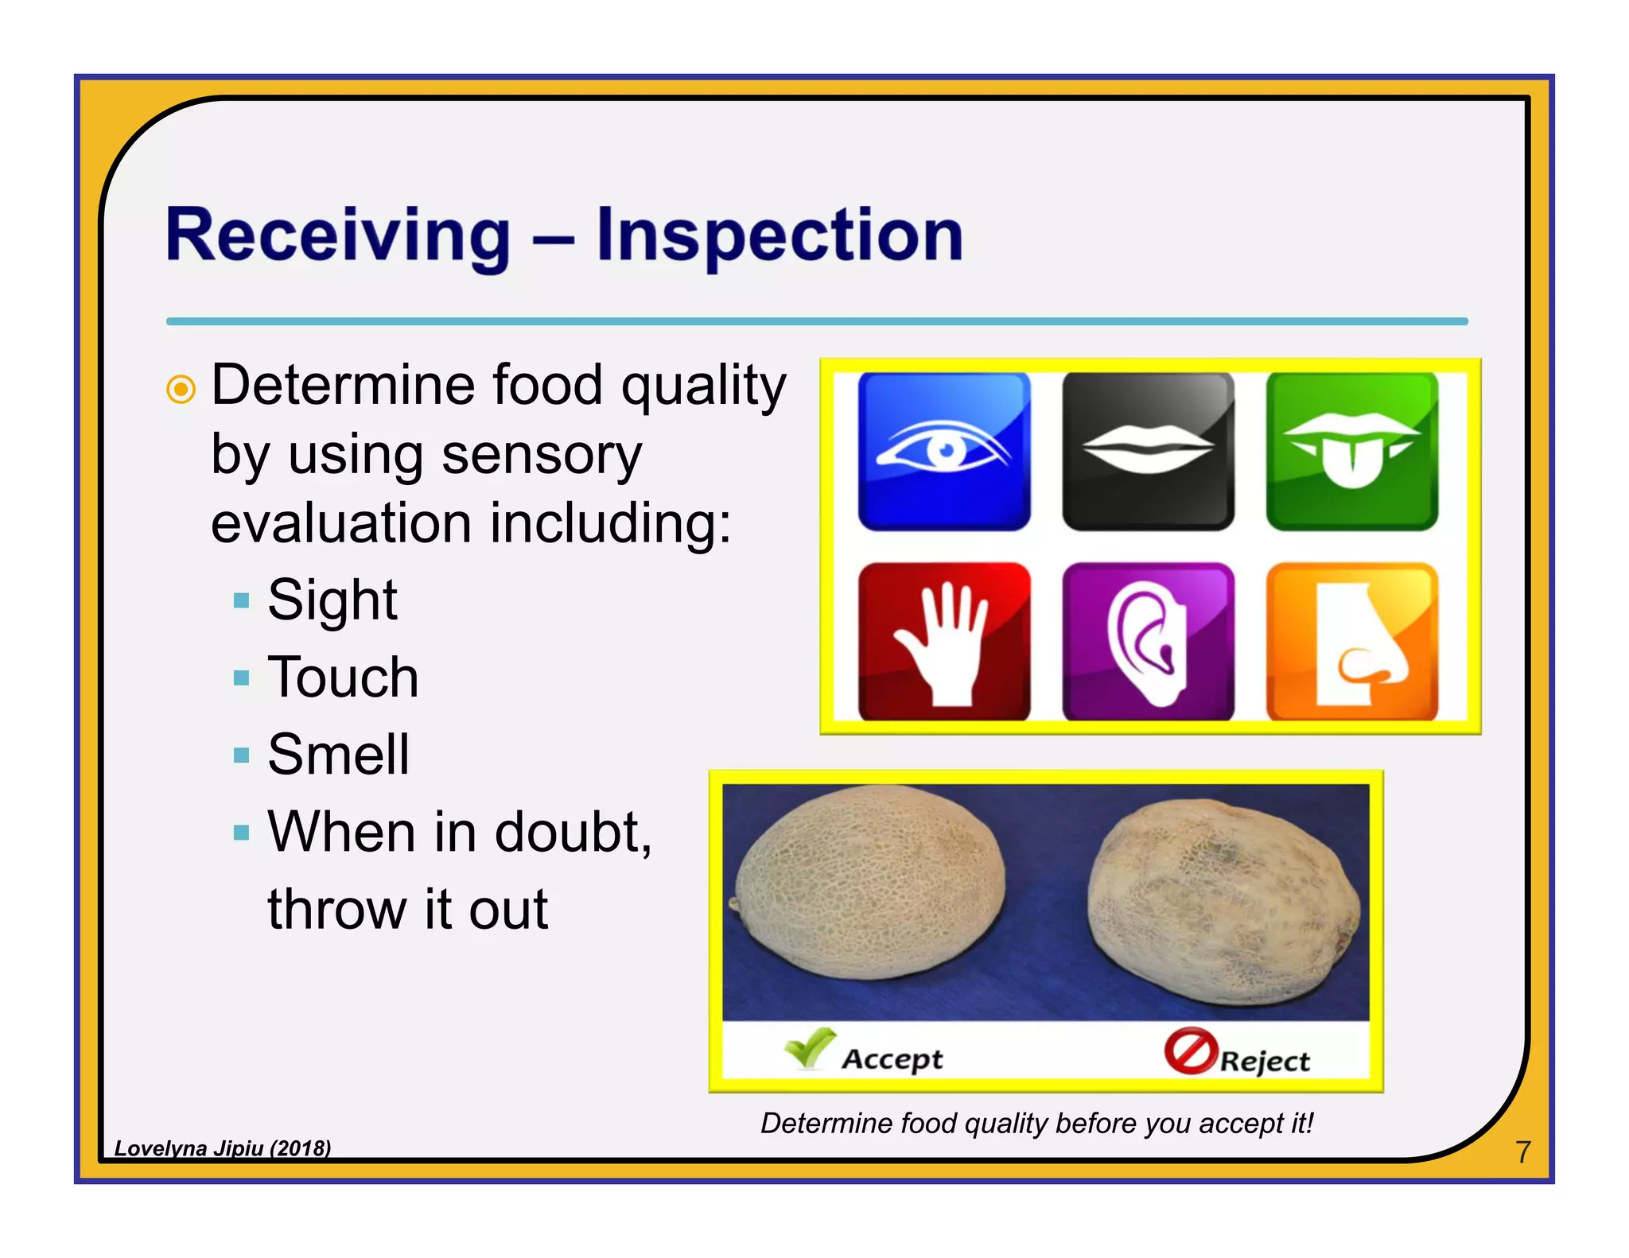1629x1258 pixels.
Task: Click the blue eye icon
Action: coord(944,451)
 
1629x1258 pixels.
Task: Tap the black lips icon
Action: coord(1148,451)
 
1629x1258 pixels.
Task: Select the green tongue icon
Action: coord(1351,451)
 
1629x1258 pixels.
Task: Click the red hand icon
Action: coord(944,642)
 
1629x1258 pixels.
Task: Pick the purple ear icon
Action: coord(1148,642)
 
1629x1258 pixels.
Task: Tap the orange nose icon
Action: coord(1351,642)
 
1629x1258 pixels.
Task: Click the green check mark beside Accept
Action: coord(810,1048)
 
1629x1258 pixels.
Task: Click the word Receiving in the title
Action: coord(337,235)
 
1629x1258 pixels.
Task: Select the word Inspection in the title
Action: coord(780,235)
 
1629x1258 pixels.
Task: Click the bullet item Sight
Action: coord(332,600)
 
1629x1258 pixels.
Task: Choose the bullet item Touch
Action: coord(343,678)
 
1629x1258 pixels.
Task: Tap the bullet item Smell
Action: coord(338,754)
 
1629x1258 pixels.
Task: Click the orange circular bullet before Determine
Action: coord(181,390)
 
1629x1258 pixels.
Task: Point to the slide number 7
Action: coord(1522,1151)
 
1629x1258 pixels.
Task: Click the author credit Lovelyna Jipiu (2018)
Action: coord(222,1147)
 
